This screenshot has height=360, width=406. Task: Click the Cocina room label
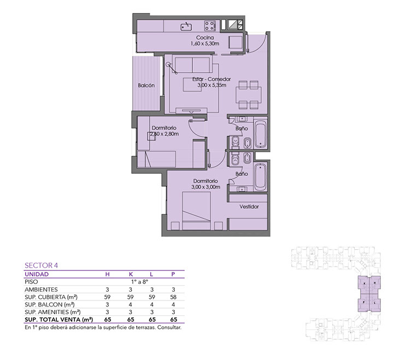[205, 38]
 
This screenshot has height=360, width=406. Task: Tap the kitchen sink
[186, 26]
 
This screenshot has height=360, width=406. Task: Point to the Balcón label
[146, 85]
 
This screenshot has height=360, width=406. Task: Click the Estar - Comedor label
[211, 79]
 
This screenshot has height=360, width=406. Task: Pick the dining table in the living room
[248, 95]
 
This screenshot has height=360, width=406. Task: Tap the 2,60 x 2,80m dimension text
[164, 134]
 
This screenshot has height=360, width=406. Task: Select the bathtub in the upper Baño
[260, 134]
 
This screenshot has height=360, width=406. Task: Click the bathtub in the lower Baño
[260, 178]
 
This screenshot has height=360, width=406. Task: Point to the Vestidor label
[249, 206]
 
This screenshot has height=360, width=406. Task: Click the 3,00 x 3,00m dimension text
[206, 187]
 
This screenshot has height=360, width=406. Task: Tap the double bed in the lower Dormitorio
[197, 210]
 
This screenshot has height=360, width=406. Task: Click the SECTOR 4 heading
[41, 265]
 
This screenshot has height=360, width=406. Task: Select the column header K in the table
[131, 274]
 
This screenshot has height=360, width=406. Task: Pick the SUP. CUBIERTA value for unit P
[173, 297]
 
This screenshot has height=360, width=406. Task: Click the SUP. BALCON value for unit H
[107, 305]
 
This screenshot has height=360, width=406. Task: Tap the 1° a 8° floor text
[139, 282]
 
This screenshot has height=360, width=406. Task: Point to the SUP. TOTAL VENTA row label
[59, 320]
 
